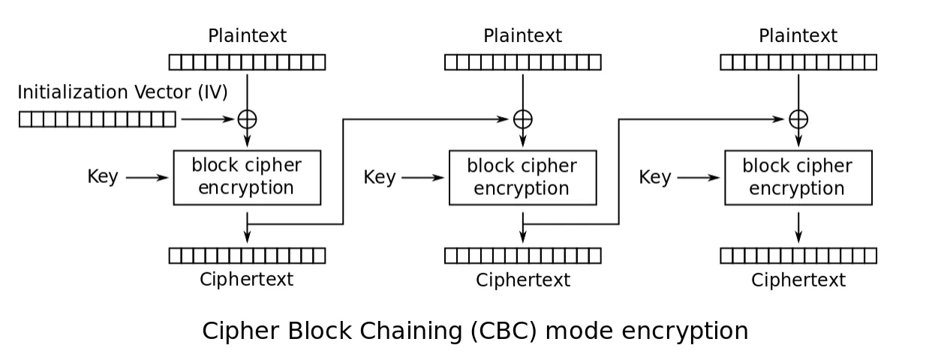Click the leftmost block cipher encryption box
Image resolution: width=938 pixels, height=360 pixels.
247,177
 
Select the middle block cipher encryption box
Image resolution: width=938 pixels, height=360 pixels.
522,177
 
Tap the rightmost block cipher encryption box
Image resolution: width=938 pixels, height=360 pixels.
798,177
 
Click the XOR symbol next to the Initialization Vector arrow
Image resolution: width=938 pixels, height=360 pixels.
247,118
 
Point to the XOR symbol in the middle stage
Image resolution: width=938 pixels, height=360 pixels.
522,118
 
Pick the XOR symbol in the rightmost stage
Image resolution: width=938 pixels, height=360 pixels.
798,118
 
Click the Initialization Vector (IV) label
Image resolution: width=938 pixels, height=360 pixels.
122,92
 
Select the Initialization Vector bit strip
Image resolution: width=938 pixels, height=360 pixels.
98,119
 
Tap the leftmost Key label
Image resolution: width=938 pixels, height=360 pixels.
103,177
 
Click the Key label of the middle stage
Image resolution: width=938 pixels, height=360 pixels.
379,178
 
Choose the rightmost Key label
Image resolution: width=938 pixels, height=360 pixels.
654,178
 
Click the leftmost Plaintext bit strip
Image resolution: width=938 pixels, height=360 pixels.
247,62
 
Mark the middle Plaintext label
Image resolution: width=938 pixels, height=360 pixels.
522,36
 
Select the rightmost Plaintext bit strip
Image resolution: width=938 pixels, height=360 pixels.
798,62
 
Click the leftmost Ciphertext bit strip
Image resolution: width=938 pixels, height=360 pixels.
247,256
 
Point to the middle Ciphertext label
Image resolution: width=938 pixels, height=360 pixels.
522,280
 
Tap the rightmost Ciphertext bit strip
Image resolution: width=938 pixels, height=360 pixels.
798,256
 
